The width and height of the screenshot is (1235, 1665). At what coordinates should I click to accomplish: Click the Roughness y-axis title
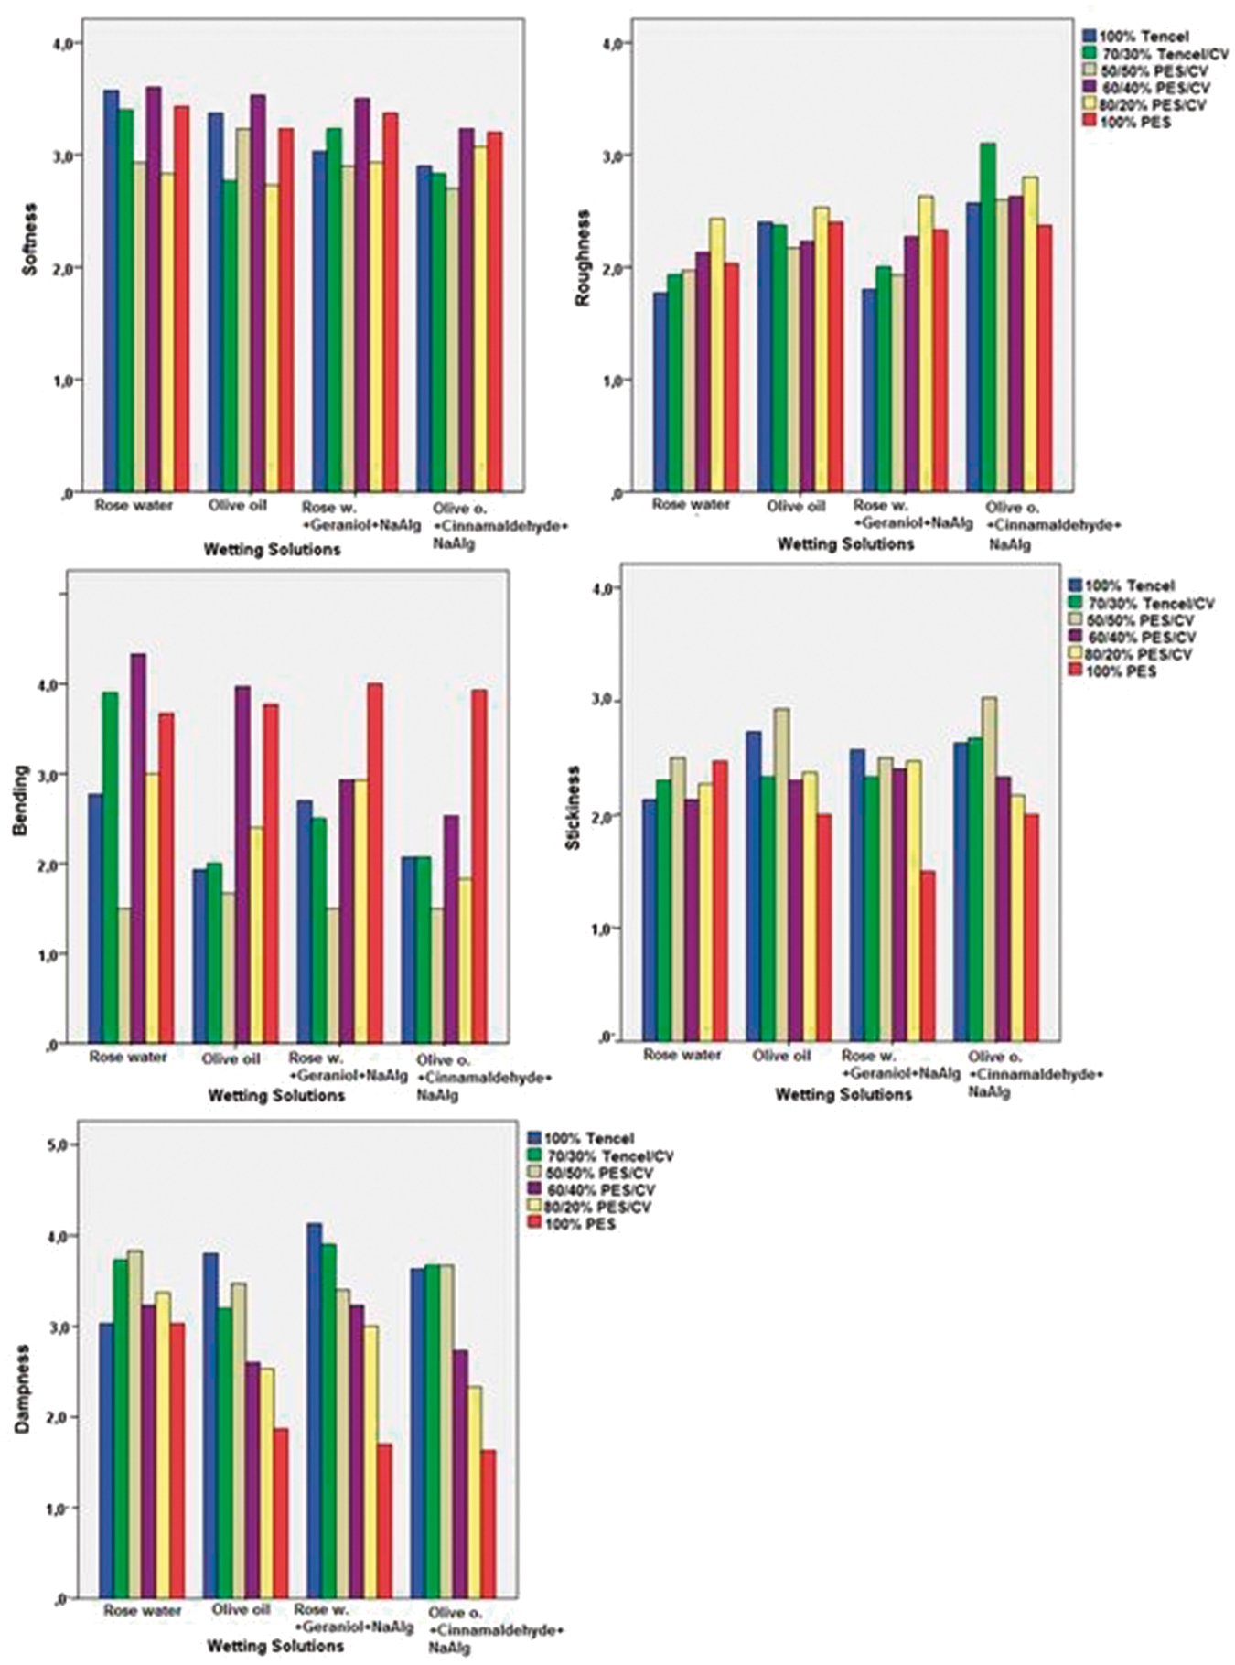[x=583, y=258]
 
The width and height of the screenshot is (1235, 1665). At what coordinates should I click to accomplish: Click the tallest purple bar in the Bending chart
[x=138, y=848]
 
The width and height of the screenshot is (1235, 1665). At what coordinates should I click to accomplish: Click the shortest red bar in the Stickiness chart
[x=928, y=955]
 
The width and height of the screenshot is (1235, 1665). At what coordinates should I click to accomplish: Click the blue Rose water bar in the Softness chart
[x=111, y=290]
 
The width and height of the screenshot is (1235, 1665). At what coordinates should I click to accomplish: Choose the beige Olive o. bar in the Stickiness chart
[x=988, y=869]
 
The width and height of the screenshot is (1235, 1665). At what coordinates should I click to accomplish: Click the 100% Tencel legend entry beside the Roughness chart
[x=1134, y=37]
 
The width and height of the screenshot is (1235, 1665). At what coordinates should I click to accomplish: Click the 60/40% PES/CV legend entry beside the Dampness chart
[x=591, y=1189]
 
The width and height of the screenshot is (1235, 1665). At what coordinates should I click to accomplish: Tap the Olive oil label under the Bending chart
[x=231, y=1058]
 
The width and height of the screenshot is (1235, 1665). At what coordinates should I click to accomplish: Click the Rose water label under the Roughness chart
[x=691, y=504]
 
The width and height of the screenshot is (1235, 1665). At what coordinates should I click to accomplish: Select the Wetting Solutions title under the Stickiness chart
[x=843, y=1094]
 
